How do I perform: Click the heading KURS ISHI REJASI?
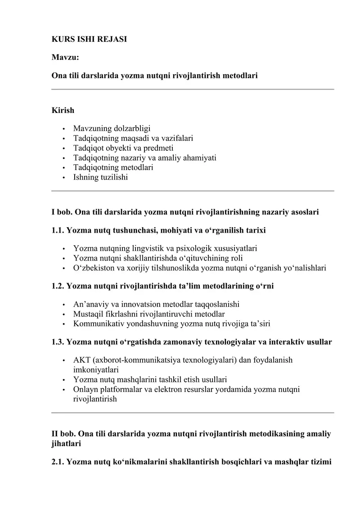[x=89, y=39]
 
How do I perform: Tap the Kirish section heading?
[x=63, y=110]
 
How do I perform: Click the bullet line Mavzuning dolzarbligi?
[x=112, y=129]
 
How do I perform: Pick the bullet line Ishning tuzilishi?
[x=100, y=177]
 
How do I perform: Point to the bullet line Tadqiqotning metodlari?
[x=113, y=167]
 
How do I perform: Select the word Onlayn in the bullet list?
[x=85, y=389]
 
